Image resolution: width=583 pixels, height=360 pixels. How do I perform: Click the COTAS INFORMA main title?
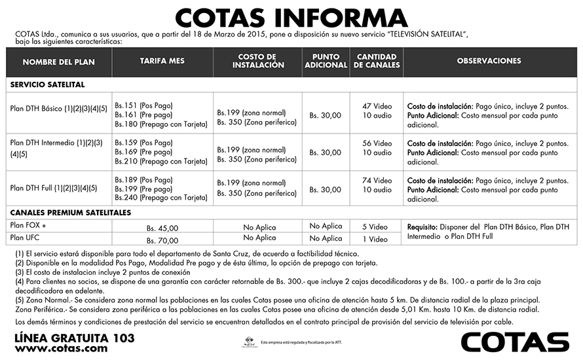291,17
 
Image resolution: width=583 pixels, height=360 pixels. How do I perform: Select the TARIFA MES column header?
162,61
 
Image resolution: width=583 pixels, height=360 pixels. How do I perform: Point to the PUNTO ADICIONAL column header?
326,62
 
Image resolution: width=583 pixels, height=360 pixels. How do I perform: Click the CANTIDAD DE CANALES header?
377,62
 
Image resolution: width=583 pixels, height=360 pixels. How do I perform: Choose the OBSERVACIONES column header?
489,61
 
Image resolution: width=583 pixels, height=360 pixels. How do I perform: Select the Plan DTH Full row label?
54,188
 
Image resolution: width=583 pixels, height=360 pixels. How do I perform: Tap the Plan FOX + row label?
29,225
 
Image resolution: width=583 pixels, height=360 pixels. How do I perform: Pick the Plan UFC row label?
26,238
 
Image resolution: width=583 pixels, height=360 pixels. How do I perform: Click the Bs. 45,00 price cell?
162,228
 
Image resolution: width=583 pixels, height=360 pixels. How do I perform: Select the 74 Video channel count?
377,181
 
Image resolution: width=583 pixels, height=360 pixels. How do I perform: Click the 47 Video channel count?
377,106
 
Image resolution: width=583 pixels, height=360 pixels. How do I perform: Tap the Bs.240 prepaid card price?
161,197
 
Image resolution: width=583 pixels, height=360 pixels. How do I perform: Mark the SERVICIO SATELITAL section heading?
48,84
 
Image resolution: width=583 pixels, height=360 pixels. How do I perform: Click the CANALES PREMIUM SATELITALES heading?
71,213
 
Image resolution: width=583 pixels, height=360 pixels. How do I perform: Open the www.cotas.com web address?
61,349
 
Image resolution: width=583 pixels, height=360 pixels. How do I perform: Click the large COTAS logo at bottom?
515,342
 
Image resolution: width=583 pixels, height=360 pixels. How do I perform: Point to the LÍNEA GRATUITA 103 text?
74,338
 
